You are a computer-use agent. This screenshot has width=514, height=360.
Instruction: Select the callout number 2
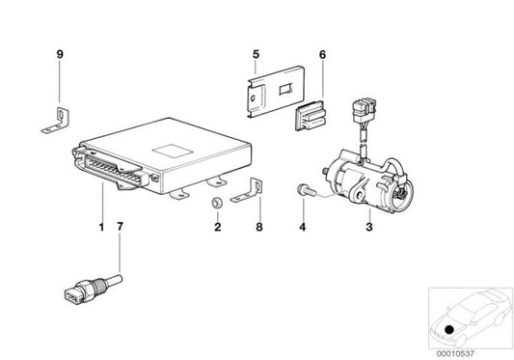(217, 228)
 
